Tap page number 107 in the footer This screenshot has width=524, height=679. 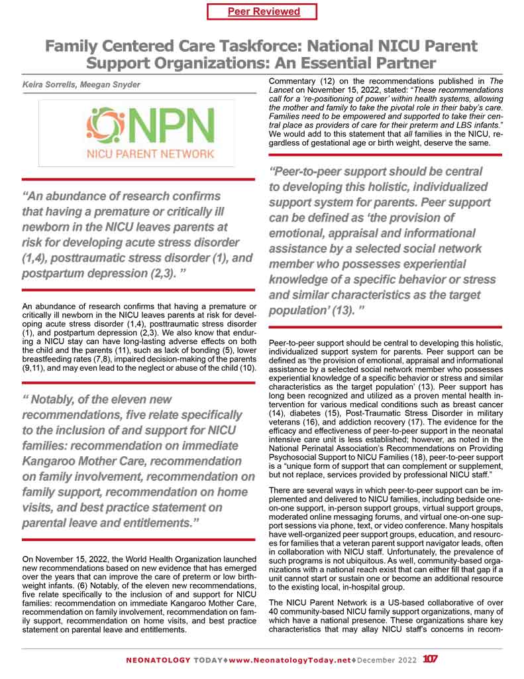point(431,660)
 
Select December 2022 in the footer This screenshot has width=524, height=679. point(390,660)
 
